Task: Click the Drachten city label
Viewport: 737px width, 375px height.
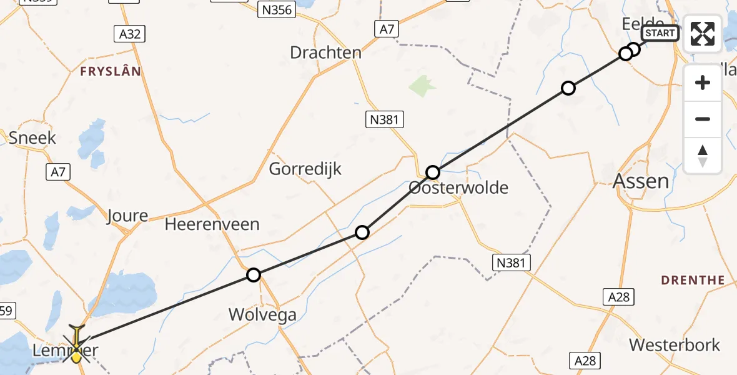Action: click(x=325, y=52)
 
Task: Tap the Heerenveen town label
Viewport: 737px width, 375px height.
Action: click(x=212, y=224)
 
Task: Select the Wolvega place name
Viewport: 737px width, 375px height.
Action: click(x=262, y=314)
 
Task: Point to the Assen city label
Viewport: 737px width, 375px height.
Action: click(x=641, y=182)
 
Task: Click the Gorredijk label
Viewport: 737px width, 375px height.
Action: click(x=305, y=169)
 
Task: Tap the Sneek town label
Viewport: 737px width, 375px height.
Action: click(x=32, y=137)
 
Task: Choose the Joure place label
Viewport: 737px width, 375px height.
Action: click(x=127, y=216)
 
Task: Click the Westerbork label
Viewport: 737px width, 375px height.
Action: click(x=675, y=345)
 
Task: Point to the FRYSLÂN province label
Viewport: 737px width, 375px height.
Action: click(x=111, y=72)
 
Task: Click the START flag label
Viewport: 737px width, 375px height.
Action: click(x=660, y=33)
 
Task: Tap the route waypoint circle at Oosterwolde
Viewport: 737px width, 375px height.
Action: click(x=433, y=172)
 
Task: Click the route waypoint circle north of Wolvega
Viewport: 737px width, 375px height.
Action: click(x=253, y=275)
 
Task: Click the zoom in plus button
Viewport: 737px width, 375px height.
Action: click(x=703, y=82)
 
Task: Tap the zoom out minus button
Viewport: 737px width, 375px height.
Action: click(x=703, y=119)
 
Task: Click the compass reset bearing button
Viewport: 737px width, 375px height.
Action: click(x=703, y=155)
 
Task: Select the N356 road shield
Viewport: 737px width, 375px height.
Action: click(x=275, y=10)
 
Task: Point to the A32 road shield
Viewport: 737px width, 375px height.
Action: click(x=130, y=34)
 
